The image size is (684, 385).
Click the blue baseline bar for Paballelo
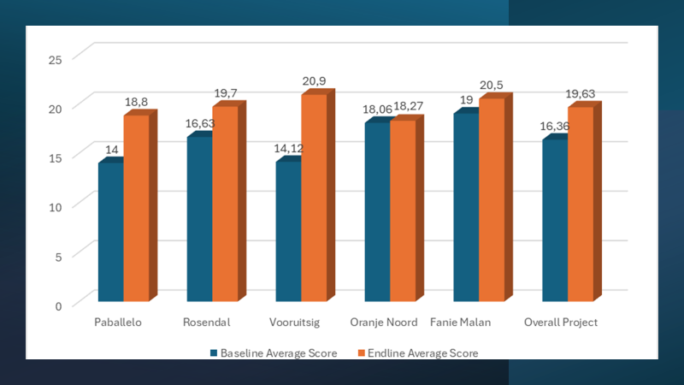(110, 231)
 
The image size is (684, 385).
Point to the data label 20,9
(314, 81)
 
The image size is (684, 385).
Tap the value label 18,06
(377, 110)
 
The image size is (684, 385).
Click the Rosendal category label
(203, 323)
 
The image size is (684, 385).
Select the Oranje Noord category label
(384, 323)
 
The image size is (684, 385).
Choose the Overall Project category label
(561, 323)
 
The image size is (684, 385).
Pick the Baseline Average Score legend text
(279, 352)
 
